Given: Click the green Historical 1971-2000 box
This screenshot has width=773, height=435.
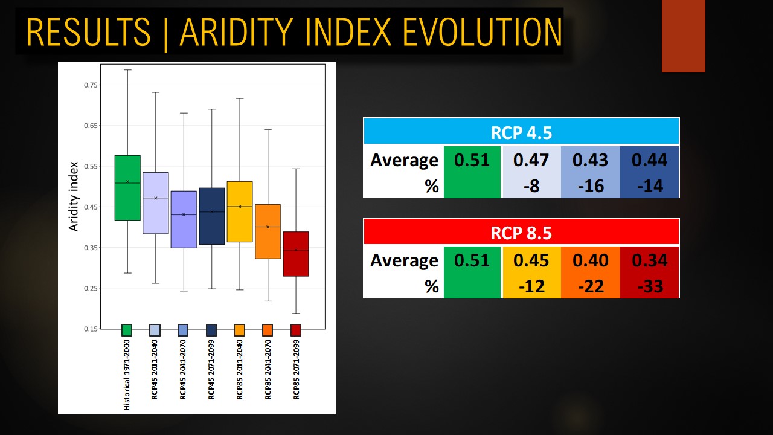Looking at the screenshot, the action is coord(127,188).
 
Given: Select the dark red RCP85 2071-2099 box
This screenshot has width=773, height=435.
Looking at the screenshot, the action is coord(296,254).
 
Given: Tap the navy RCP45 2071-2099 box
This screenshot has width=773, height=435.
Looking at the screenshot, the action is coord(211,216).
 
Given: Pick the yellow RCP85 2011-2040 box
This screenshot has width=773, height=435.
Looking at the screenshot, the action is coord(240,211).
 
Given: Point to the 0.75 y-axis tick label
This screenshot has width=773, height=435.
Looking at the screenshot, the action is coord(91,85).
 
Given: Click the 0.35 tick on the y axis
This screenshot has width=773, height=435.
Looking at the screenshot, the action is coord(91,248).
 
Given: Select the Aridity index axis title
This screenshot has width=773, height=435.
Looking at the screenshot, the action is coord(74,196).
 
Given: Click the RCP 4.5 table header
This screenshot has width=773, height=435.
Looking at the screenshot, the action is coord(521,132).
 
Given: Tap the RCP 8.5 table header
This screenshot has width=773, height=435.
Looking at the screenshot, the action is coord(521,232).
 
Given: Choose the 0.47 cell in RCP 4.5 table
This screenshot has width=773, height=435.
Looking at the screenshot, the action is coord(531,160).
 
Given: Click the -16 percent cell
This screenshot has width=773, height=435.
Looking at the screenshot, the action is coord(591,186).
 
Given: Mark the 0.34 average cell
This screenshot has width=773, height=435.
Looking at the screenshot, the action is coord(649,260).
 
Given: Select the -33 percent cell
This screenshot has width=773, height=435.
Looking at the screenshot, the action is coord(649,286).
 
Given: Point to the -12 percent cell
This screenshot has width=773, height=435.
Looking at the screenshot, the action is coord(531,286).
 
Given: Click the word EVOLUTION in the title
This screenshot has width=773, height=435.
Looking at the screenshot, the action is coord(483,32).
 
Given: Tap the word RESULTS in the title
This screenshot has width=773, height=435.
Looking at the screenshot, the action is coord(89,32).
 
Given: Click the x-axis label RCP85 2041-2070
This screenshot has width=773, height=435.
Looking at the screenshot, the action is coord(268,369).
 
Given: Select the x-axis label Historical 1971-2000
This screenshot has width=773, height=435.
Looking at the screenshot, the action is coord(127,375).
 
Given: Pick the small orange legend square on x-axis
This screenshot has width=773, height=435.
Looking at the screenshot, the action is coord(268,330).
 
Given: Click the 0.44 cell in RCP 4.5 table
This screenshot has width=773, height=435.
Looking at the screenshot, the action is coord(649,160).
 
